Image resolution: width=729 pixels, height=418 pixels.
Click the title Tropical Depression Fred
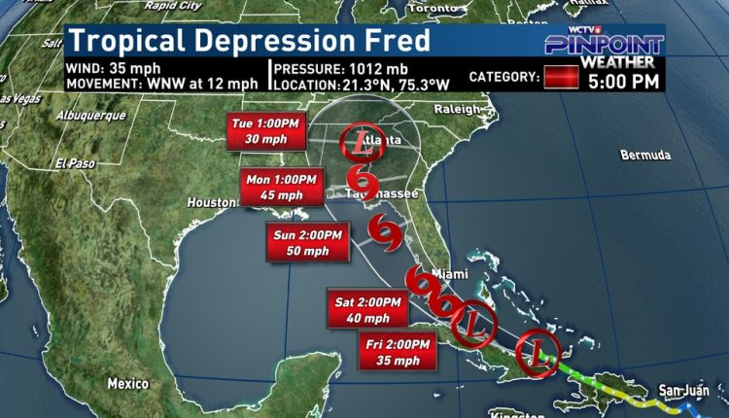[250, 42]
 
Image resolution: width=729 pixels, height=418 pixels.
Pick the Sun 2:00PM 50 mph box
[306, 243]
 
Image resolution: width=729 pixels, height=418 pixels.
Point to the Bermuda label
[645, 156]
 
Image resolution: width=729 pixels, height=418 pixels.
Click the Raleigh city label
[462, 110]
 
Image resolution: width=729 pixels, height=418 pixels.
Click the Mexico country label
[127, 381]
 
